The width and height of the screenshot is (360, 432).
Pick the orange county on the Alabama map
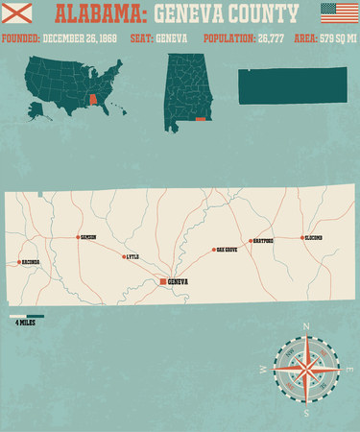tap(200, 119)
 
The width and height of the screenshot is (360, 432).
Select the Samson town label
tap(88, 237)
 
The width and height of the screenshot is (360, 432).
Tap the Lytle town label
tap(133, 256)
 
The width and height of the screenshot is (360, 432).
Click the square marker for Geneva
tap(161, 281)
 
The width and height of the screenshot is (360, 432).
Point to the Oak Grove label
tap(226, 250)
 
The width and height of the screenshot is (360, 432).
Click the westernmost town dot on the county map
tap(19, 261)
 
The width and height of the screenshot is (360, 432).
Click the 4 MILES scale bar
tap(27, 316)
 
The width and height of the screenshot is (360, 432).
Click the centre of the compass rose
tap(306, 370)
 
